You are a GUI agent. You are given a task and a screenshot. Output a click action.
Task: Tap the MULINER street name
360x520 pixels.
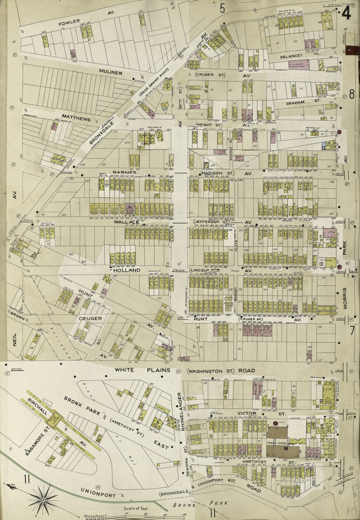coord(111,73)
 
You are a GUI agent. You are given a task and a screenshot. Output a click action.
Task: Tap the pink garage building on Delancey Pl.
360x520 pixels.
coord(300,65)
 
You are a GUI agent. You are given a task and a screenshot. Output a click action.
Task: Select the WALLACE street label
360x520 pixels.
coord(125,222)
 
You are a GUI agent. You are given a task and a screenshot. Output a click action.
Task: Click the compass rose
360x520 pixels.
coord(42,500)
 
